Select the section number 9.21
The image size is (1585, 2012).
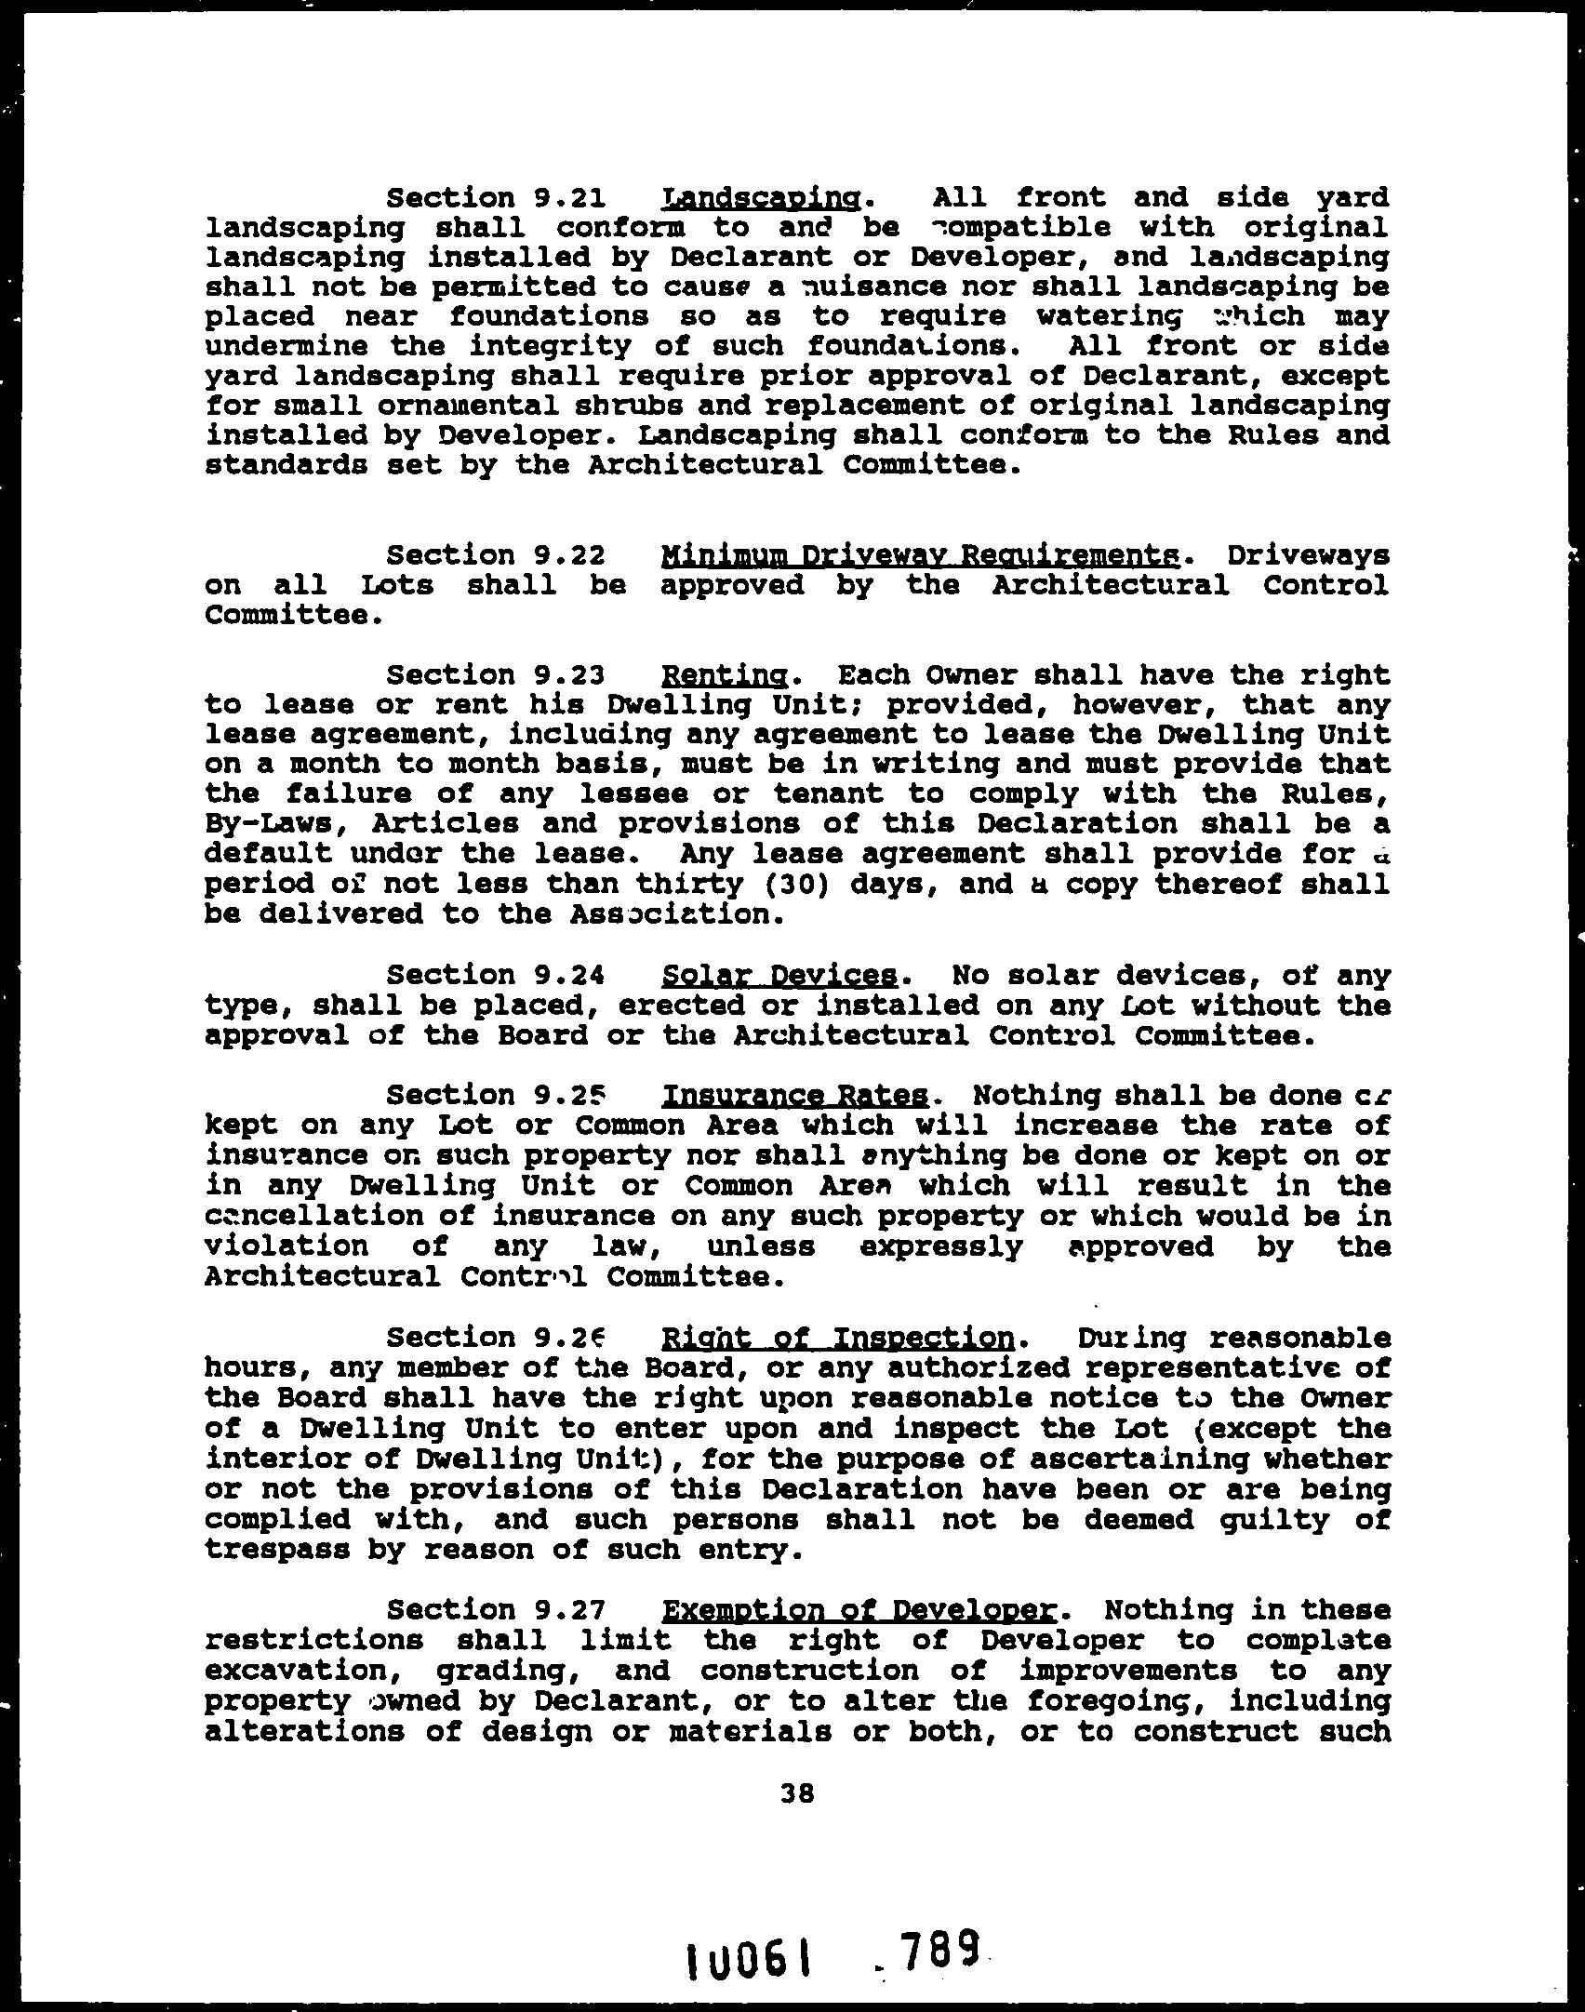pyautogui.click(x=571, y=198)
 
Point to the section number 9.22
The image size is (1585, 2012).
pyautogui.click(x=571, y=555)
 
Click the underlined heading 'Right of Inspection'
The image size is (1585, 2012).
pyautogui.click(x=836, y=1338)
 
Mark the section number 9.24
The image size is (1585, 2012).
pyautogui.click(x=571, y=976)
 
